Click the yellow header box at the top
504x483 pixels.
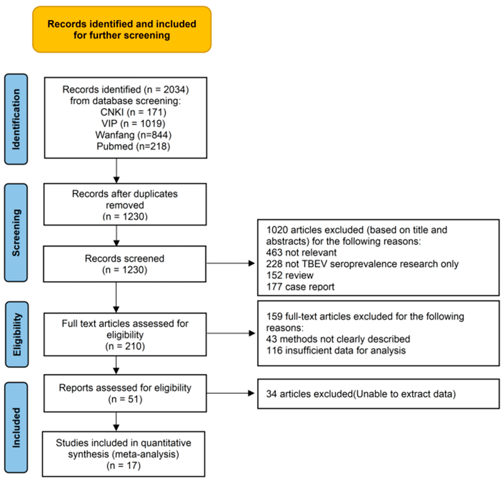pos(122,30)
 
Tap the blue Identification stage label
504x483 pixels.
pos(16,119)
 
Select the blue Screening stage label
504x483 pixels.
pos(16,232)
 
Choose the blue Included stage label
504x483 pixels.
pos(16,427)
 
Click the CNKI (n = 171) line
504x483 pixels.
pos(133,112)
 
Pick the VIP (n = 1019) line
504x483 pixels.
pos(133,124)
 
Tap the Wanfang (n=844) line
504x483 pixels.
pos(133,135)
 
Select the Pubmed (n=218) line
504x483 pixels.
pos(133,146)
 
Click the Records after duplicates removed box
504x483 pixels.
pos(125,204)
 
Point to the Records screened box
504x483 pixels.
pos(125,264)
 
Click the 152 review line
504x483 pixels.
pos(290,275)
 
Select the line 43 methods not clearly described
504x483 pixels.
pos(338,339)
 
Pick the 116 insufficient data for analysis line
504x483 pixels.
pos(336,350)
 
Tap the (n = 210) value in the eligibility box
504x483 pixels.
pos(125,346)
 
